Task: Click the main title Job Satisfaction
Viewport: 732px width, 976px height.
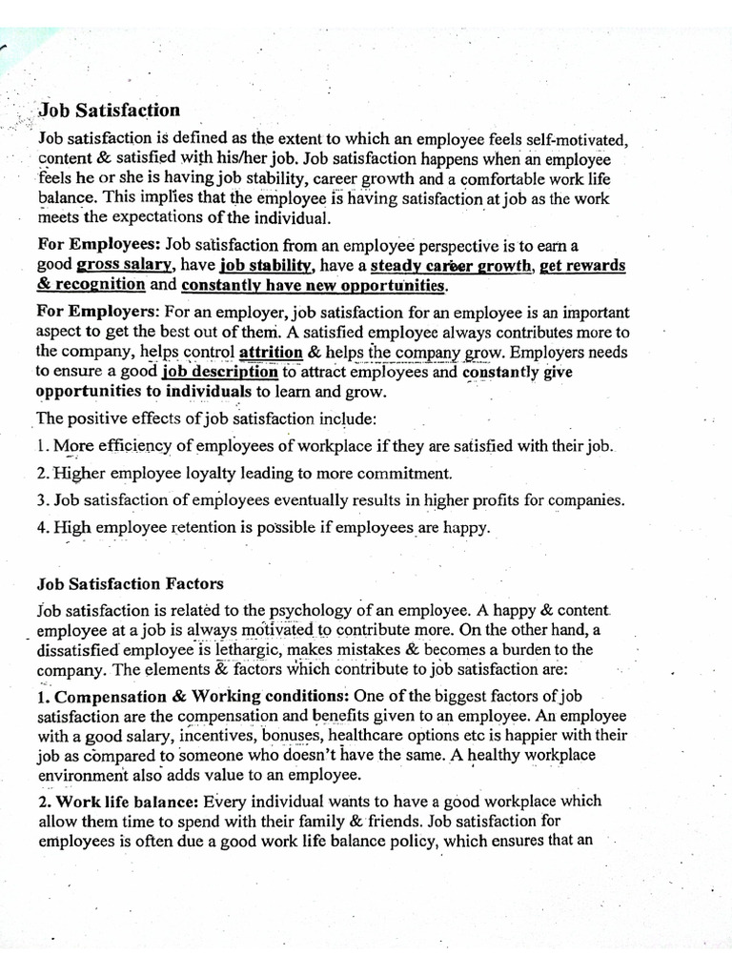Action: (x=109, y=111)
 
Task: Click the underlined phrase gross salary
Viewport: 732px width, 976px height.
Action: (x=125, y=266)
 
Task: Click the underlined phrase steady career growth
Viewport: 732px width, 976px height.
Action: (x=452, y=266)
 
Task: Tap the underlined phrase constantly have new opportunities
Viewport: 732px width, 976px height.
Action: (x=314, y=285)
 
